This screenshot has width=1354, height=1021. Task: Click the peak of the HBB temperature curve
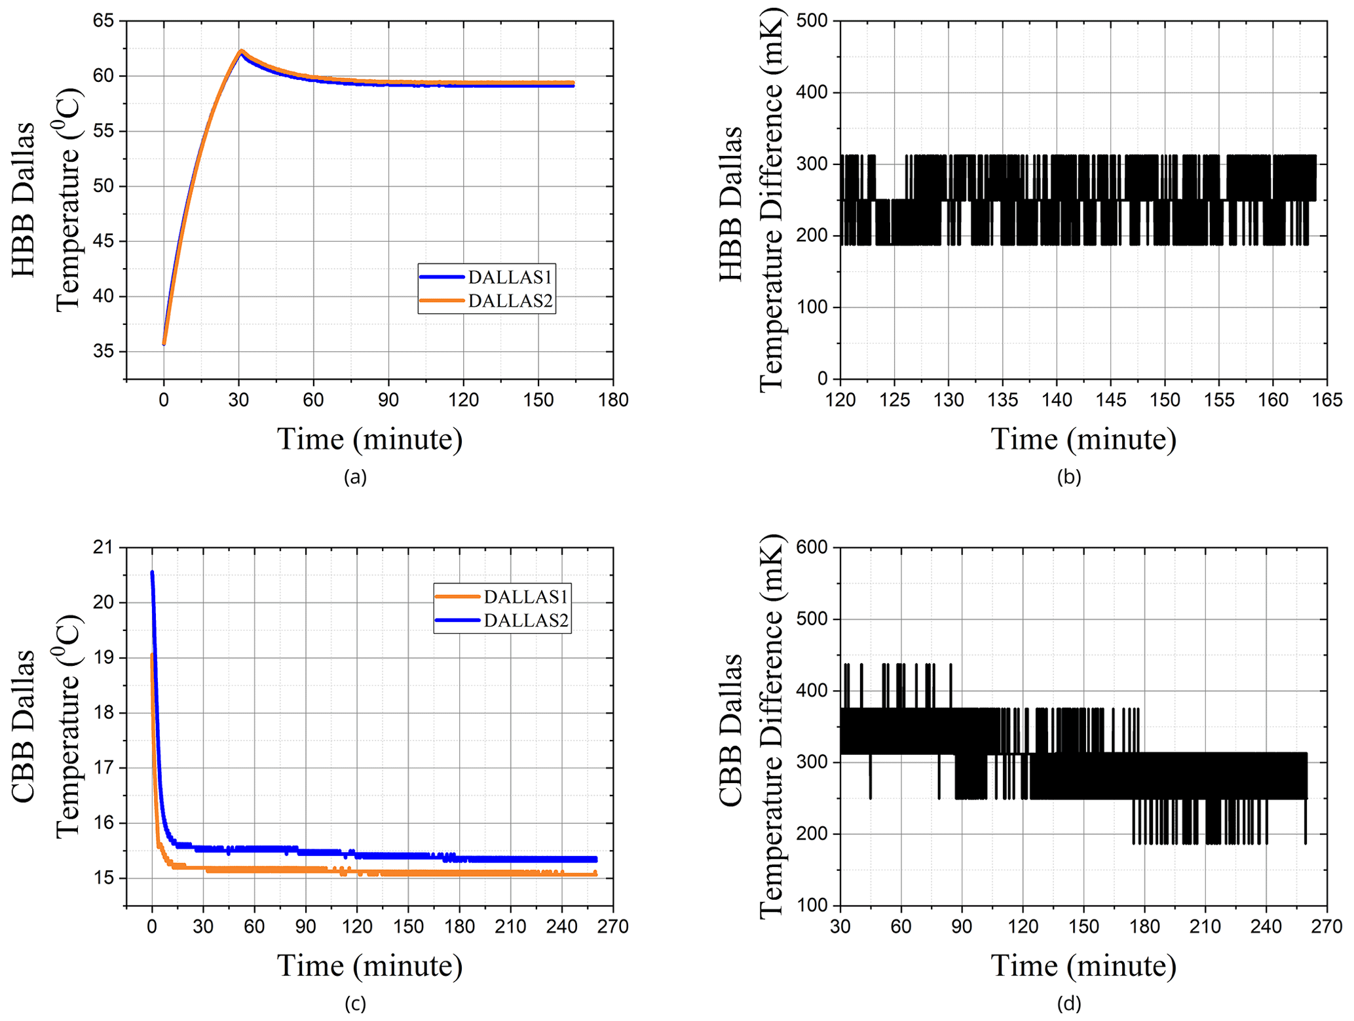click(x=241, y=51)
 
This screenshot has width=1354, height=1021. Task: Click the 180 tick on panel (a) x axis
click(x=613, y=400)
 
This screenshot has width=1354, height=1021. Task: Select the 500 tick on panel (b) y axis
click(x=812, y=21)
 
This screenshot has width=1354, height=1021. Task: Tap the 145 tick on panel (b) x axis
click(x=1111, y=400)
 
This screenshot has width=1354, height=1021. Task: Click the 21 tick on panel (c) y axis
click(x=103, y=547)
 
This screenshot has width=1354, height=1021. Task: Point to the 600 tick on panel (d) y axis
click(x=812, y=547)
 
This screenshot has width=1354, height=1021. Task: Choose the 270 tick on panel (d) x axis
click(x=1327, y=926)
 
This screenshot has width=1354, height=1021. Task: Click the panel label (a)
click(x=355, y=477)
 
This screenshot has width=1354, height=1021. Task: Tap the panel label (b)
click(x=1069, y=477)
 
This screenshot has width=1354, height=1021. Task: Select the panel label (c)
click(x=355, y=1003)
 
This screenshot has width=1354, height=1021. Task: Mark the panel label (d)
click(x=1069, y=1003)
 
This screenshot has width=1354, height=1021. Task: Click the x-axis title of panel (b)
click(x=1083, y=439)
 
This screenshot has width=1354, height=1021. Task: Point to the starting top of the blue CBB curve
click(x=152, y=573)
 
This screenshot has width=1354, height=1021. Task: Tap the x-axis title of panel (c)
click(x=369, y=965)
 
